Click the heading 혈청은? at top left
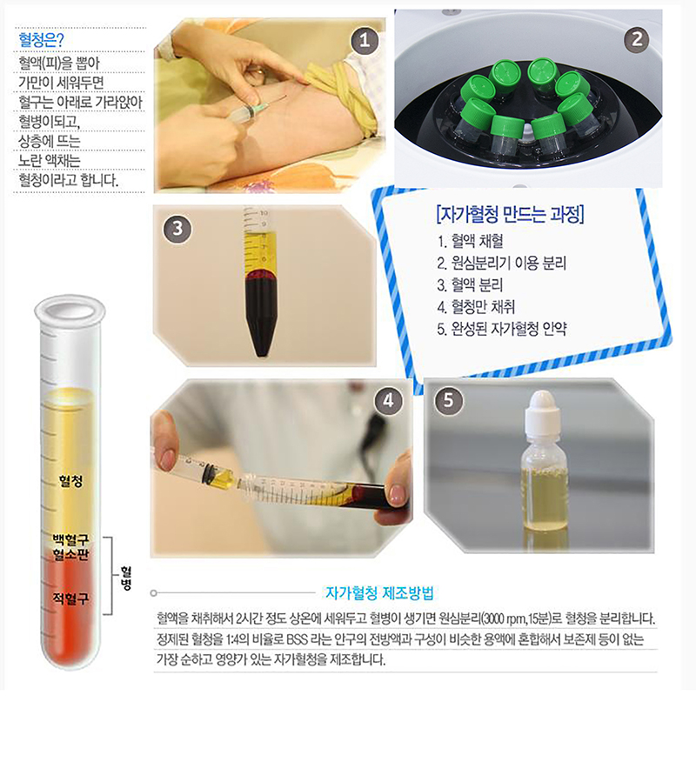[41, 39]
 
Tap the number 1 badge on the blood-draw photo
[365, 40]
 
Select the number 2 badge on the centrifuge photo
[637, 39]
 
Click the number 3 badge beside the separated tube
[177, 229]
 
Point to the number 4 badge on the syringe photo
[388, 401]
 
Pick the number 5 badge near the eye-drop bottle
[448, 401]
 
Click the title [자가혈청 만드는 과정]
[511, 214]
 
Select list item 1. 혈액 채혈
[470, 241]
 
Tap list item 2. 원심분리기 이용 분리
[502, 263]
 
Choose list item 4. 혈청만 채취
[476, 307]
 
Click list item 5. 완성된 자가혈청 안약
[502, 329]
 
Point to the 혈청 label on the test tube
[71, 481]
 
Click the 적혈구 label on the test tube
[71, 598]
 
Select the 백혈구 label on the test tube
[71, 539]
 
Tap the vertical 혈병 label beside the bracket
[126, 578]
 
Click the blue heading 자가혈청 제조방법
[379, 593]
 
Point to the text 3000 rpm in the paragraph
[503, 619]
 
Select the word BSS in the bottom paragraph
[297, 639]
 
